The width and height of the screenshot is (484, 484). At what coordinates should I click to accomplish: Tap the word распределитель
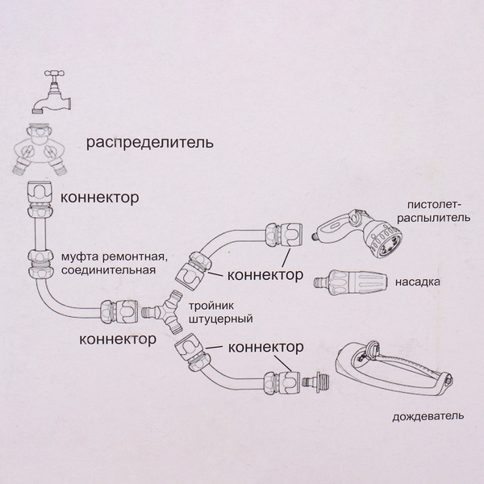(x=150, y=144)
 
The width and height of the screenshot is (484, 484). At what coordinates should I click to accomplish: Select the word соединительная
(x=110, y=269)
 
